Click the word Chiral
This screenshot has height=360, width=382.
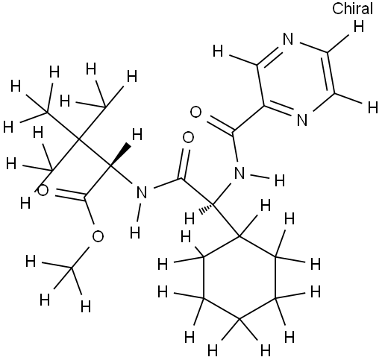point(353,9)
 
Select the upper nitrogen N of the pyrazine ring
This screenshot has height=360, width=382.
point(288,40)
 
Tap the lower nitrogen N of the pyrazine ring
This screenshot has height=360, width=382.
point(302,120)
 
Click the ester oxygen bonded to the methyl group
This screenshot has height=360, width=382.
point(98,236)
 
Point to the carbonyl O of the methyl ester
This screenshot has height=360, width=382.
point(43,190)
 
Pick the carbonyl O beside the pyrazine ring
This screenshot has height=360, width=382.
point(195,112)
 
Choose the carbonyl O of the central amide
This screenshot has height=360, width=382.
point(188,138)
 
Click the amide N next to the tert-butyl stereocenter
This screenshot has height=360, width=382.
point(142,192)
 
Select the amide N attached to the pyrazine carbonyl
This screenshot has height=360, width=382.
point(239,173)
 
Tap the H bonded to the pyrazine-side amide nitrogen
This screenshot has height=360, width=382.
point(280,180)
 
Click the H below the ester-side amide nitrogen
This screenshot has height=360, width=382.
point(135,233)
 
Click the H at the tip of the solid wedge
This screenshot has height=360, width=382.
point(137,134)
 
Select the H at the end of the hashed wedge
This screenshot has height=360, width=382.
point(190,219)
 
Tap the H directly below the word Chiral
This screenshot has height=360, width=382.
point(359,26)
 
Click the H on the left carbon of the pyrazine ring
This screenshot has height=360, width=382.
point(218,51)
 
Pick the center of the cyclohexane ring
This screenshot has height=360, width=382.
point(239,277)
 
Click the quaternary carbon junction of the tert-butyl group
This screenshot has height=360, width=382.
point(78,139)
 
